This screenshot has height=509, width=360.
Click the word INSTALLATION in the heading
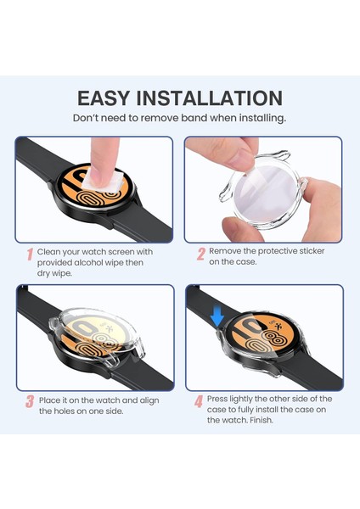tap(224, 98)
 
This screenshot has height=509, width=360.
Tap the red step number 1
tap(30, 254)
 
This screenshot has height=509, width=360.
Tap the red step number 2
tap(201, 254)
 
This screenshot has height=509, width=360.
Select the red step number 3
tap(30, 401)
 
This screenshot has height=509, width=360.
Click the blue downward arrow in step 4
tap(217, 316)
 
